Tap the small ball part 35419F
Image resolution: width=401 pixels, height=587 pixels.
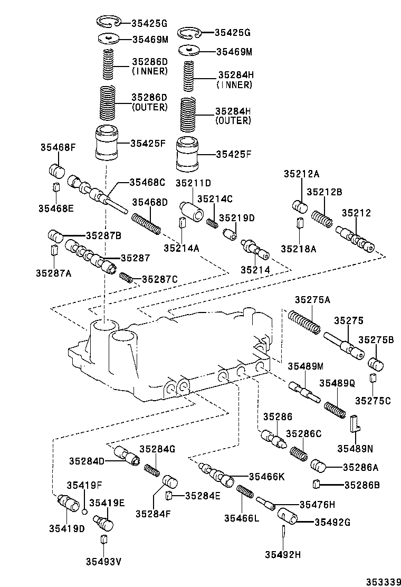pos(84,511)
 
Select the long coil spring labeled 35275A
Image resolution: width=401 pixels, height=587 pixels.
pos(304,321)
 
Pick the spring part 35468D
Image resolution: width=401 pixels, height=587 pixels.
pos(146,222)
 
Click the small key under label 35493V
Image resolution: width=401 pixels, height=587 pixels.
pos(103,539)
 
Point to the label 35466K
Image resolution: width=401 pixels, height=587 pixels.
pos(266,477)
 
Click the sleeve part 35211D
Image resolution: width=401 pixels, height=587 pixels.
pos(193,211)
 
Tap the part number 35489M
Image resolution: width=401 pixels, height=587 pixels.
pos(305,366)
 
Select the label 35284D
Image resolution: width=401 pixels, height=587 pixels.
pos(87,461)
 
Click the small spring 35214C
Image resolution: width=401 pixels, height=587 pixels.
pos(212,223)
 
